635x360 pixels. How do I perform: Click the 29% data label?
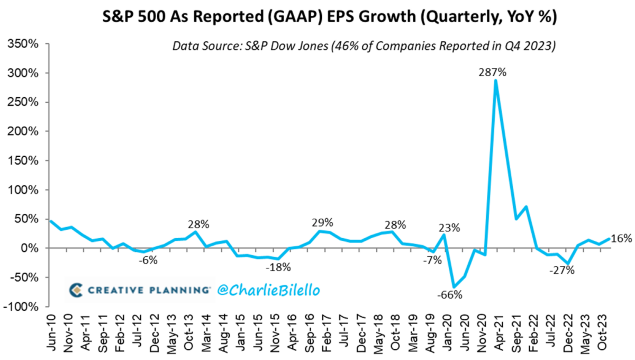pyautogui.click(x=322, y=222)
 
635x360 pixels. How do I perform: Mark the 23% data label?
pyautogui.click(x=449, y=229)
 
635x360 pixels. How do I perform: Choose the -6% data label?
pyautogui.click(x=148, y=259)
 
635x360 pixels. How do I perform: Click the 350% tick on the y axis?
pyautogui.click(x=22, y=44)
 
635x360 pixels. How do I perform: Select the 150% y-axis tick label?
pyautogui.click(x=22, y=161)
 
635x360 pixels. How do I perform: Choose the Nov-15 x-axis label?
pyautogui.click(x=275, y=334)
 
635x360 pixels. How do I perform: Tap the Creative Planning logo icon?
pyautogui.click(x=76, y=290)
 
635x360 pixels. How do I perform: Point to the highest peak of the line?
pyautogui.click(x=495, y=80)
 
